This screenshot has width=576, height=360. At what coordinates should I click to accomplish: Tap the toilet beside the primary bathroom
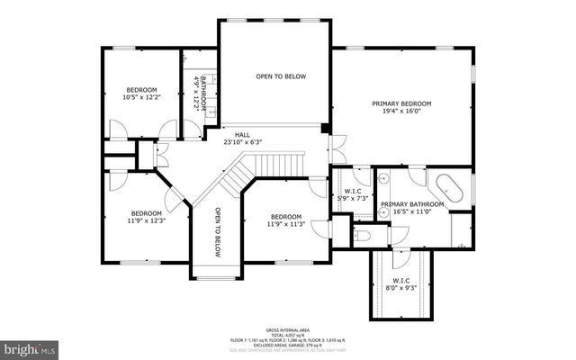362,237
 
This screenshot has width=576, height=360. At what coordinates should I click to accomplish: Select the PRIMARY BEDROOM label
401,104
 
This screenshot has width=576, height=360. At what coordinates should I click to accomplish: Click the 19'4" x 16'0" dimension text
401,113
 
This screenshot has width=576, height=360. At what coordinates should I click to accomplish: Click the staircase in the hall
239,175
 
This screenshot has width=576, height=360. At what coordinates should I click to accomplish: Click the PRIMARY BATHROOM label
412,205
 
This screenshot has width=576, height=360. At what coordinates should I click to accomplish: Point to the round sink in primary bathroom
382,178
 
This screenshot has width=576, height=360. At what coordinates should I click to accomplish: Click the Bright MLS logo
30,346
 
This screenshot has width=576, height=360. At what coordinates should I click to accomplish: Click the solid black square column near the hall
325,128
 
